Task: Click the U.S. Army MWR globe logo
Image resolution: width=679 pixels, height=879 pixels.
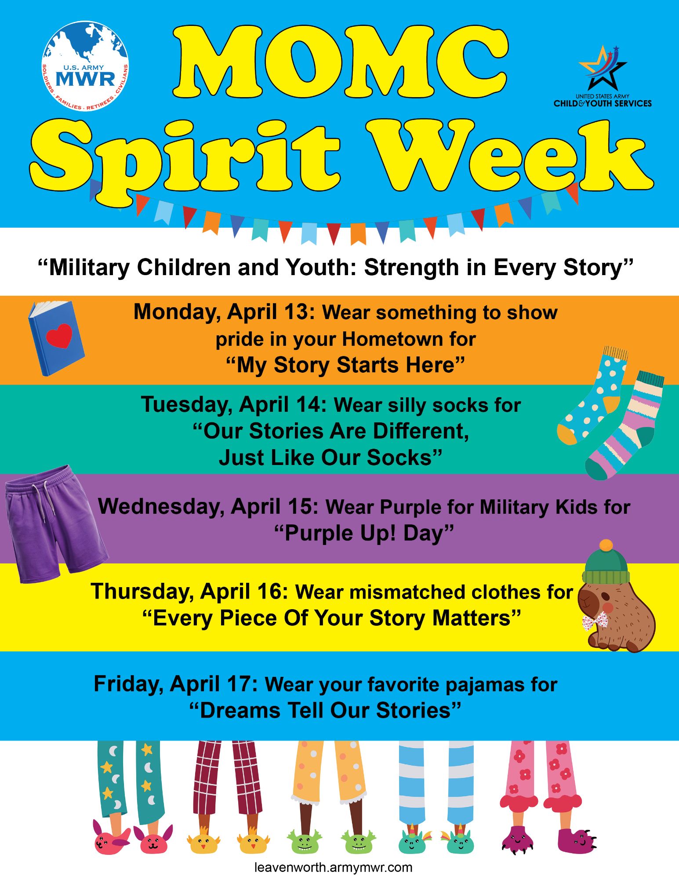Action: (x=85, y=66)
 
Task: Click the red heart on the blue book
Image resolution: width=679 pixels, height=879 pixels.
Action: (x=59, y=336)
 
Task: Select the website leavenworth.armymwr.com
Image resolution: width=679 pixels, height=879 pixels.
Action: (x=333, y=867)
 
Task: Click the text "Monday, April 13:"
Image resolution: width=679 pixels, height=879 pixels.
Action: (x=224, y=312)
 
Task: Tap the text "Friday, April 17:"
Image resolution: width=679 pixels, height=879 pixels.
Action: (x=176, y=684)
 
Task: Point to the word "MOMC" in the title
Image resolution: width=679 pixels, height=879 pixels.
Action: (x=341, y=62)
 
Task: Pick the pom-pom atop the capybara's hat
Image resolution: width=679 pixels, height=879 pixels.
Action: (x=606, y=545)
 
